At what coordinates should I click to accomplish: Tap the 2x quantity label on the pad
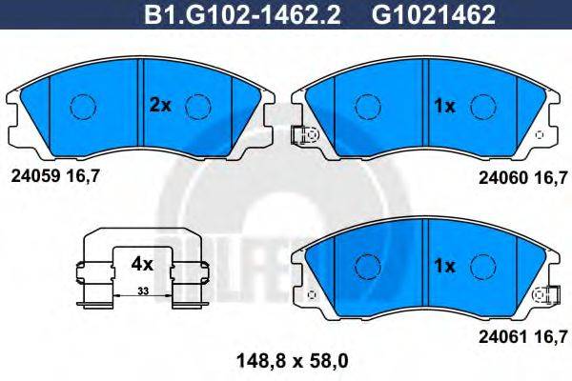point(159,106)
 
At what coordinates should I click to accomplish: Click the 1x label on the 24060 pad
point(444,107)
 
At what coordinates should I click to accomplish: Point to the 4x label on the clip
point(141,260)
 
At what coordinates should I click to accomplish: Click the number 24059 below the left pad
point(33,176)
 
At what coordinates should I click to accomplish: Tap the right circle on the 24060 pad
point(482,107)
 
